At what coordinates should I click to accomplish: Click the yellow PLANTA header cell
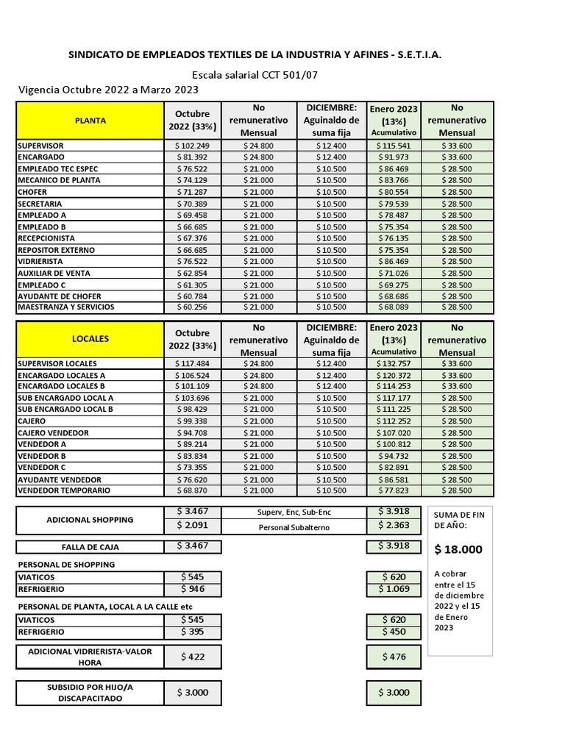click(x=90, y=121)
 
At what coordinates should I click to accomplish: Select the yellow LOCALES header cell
click(x=90, y=339)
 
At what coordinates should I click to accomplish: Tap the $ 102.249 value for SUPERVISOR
click(x=192, y=146)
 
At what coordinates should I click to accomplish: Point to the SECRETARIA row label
click(x=40, y=204)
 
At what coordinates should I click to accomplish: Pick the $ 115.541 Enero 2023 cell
click(x=394, y=146)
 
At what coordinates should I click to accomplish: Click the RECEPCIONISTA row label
click(x=46, y=238)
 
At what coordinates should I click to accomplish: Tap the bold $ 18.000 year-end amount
click(x=458, y=549)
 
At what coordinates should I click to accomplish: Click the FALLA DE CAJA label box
click(x=90, y=547)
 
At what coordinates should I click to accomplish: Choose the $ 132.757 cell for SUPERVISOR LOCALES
click(x=394, y=363)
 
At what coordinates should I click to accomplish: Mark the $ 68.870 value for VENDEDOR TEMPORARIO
click(x=192, y=490)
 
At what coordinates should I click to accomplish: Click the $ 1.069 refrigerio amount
click(x=394, y=589)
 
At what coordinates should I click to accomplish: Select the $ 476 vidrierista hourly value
click(x=394, y=657)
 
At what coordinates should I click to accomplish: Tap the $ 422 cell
click(x=192, y=657)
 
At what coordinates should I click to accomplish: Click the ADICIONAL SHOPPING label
click(x=90, y=520)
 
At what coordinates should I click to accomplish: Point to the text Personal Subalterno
click(x=294, y=527)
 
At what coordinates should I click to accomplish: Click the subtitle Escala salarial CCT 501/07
click(x=255, y=74)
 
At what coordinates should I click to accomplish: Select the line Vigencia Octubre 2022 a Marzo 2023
click(x=108, y=90)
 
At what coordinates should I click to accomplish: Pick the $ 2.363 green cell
click(x=394, y=527)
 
